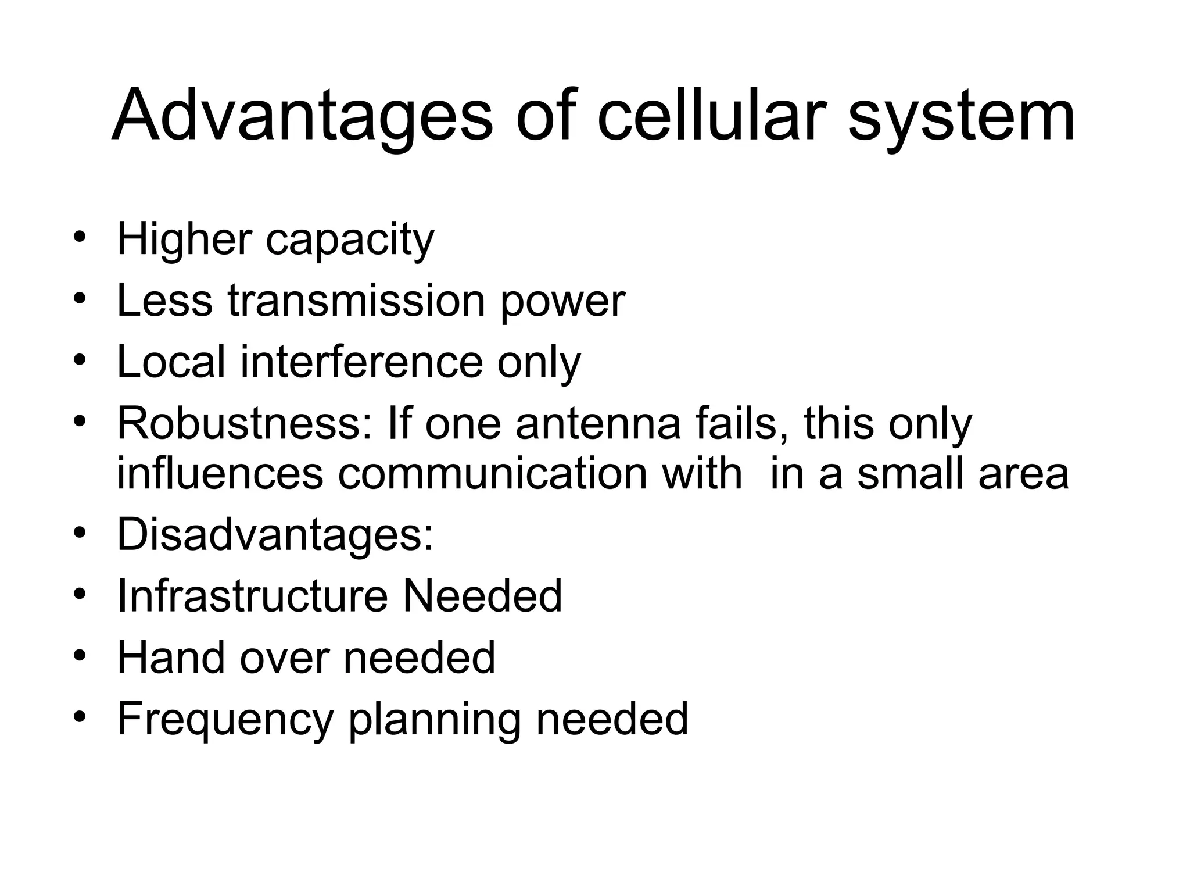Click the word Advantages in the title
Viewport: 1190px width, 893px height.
tap(302, 116)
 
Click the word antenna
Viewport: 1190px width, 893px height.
tap(598, 424)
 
